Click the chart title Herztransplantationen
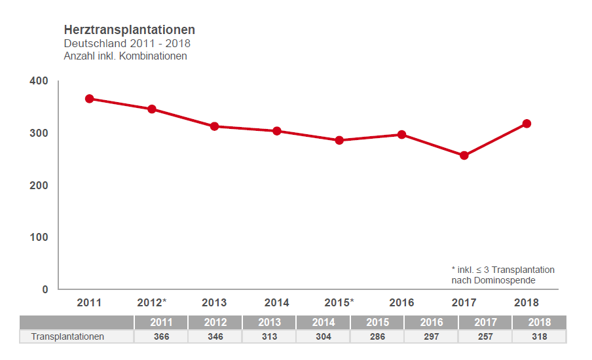point(129,30)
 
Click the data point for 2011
point(89,99)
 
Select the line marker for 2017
point(464,156)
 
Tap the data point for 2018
point(527,124)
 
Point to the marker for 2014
point(277,131)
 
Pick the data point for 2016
point(401,135)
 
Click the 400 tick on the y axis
point(39,81)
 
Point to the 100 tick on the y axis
point(39,237)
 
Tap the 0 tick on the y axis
point(45,289)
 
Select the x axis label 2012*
point(152,302)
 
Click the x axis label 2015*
point(339,302)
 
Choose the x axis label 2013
point(214,302)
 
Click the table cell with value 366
point(161,336)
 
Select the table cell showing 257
point(485,336)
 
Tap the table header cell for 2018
point(539,323)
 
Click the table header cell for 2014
point(323,323)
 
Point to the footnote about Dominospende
point(503,275)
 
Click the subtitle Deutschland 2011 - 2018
point(127,44)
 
